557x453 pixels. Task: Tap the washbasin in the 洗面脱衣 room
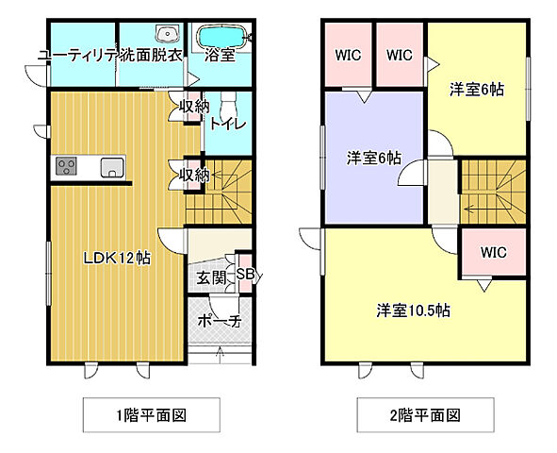point(170,35)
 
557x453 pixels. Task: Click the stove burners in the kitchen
point(67,167)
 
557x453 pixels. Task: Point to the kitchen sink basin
point(111,168)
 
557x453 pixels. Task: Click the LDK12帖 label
point(117,257)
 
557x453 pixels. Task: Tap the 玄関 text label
point(211,277)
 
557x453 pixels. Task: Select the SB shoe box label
point(245,275)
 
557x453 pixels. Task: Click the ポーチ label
point(219,321)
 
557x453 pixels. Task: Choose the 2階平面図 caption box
point(412,414)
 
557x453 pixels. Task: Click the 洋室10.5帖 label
point(413,310)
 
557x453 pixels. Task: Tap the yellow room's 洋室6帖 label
point(476,90)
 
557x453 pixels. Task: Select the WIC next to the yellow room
point(400,55)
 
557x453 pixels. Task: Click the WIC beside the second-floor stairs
point(493,253)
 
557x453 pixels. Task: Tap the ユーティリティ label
point(77,56)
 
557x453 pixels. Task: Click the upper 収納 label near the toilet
point(194,107)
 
